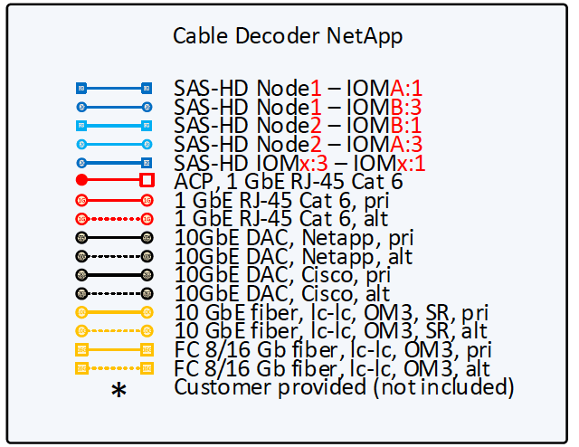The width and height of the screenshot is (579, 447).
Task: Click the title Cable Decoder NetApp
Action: (x=288, y=36)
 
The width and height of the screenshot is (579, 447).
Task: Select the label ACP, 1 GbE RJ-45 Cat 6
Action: (x=289, y=181)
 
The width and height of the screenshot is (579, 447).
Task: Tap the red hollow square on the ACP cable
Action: (x=147, y=180)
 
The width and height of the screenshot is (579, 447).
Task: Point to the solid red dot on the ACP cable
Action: (x=82, y=180)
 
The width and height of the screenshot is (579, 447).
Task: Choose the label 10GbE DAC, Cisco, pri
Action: (x=282, y=275)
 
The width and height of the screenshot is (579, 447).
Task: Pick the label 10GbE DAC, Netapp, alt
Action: (x=293, y=256)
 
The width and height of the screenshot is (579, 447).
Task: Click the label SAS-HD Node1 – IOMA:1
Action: (x=299, y=88)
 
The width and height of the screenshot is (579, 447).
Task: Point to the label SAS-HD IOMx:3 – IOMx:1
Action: (x=299, y=163)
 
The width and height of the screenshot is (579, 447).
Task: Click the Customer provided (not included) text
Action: (x=344, y=387)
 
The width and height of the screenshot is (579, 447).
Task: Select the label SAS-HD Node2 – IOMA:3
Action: (x=299, y=144)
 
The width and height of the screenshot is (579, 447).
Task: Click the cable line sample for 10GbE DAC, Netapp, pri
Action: (x=114, y=237)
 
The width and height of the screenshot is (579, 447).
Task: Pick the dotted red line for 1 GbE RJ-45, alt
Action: (x=114, y=218)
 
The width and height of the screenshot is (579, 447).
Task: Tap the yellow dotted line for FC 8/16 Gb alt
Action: (x=114, y=368)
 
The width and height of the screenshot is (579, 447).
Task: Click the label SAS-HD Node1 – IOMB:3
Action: (x=299, y=107)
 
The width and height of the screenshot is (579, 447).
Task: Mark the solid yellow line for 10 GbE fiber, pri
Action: (x=114, y=312)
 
